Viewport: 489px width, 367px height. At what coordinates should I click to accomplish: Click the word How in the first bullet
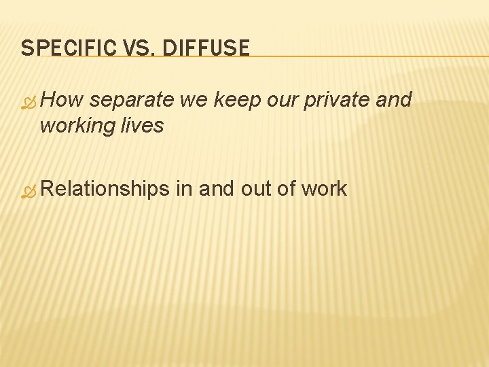[x=62, y=100]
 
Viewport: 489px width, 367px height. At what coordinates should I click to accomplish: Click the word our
[x=282, y=101]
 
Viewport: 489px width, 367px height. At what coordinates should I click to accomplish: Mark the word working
[x=75, y=126]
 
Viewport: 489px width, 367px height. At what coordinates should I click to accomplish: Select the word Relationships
[x=105, y=189]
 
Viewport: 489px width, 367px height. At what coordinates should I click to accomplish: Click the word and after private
[x=393, y=100]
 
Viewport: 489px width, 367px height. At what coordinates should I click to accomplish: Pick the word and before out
[x=217, y=188]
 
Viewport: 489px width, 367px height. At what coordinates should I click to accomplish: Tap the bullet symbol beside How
[x=28, y=103]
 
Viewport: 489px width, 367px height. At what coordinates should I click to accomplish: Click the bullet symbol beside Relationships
[x=28, y=192]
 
